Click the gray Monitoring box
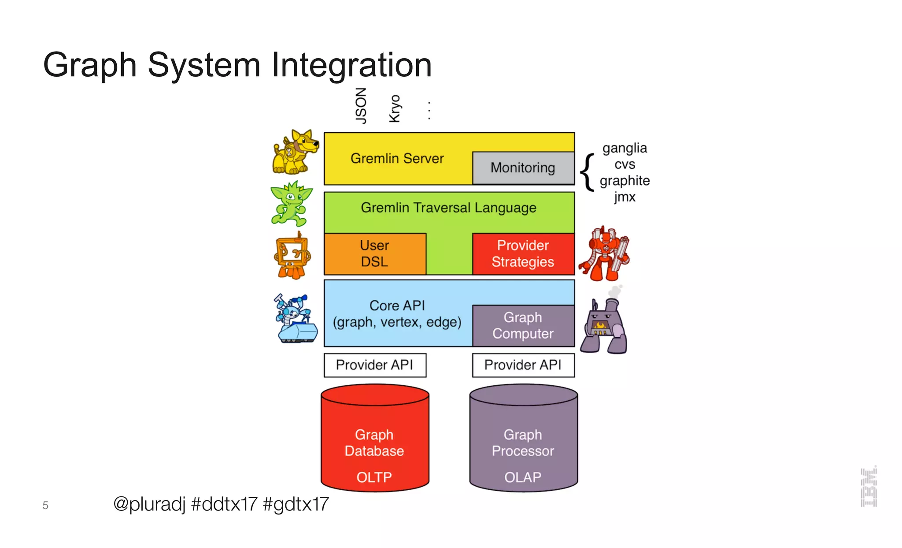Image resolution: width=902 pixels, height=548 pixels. (523, 168)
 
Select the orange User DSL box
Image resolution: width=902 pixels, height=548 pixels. (375, 254)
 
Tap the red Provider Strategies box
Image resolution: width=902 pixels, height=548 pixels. (523, 254)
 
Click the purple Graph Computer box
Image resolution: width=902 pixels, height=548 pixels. (523, 326)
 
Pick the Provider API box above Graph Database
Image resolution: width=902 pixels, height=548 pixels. (375, 365)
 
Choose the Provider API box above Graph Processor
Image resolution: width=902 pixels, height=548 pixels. (523, 365)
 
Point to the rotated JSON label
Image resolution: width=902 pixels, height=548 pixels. (361, 106)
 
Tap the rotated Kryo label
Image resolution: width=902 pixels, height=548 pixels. (395, 108)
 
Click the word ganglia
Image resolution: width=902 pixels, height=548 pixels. (625, 148)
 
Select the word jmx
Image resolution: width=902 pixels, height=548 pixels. (625, 197)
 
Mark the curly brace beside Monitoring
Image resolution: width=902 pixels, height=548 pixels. (587, 172)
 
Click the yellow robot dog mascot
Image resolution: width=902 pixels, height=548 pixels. (295, 152)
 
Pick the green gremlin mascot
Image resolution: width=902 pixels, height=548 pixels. (291, 204)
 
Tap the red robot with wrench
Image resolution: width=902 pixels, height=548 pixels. (604, 254)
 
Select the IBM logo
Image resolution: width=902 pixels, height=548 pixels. (869, 487)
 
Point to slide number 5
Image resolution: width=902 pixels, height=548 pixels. (45, 505)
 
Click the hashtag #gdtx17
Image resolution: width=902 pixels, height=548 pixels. (296, 504)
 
